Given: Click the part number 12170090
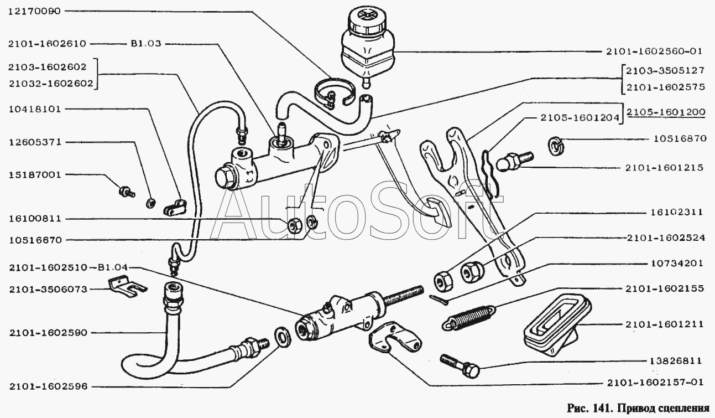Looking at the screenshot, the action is (x=34, y=11).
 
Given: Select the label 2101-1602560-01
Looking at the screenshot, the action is (x=652, y=51).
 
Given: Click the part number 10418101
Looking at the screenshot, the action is (x=34, y=109).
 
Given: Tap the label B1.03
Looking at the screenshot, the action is (x=145, y=43).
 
